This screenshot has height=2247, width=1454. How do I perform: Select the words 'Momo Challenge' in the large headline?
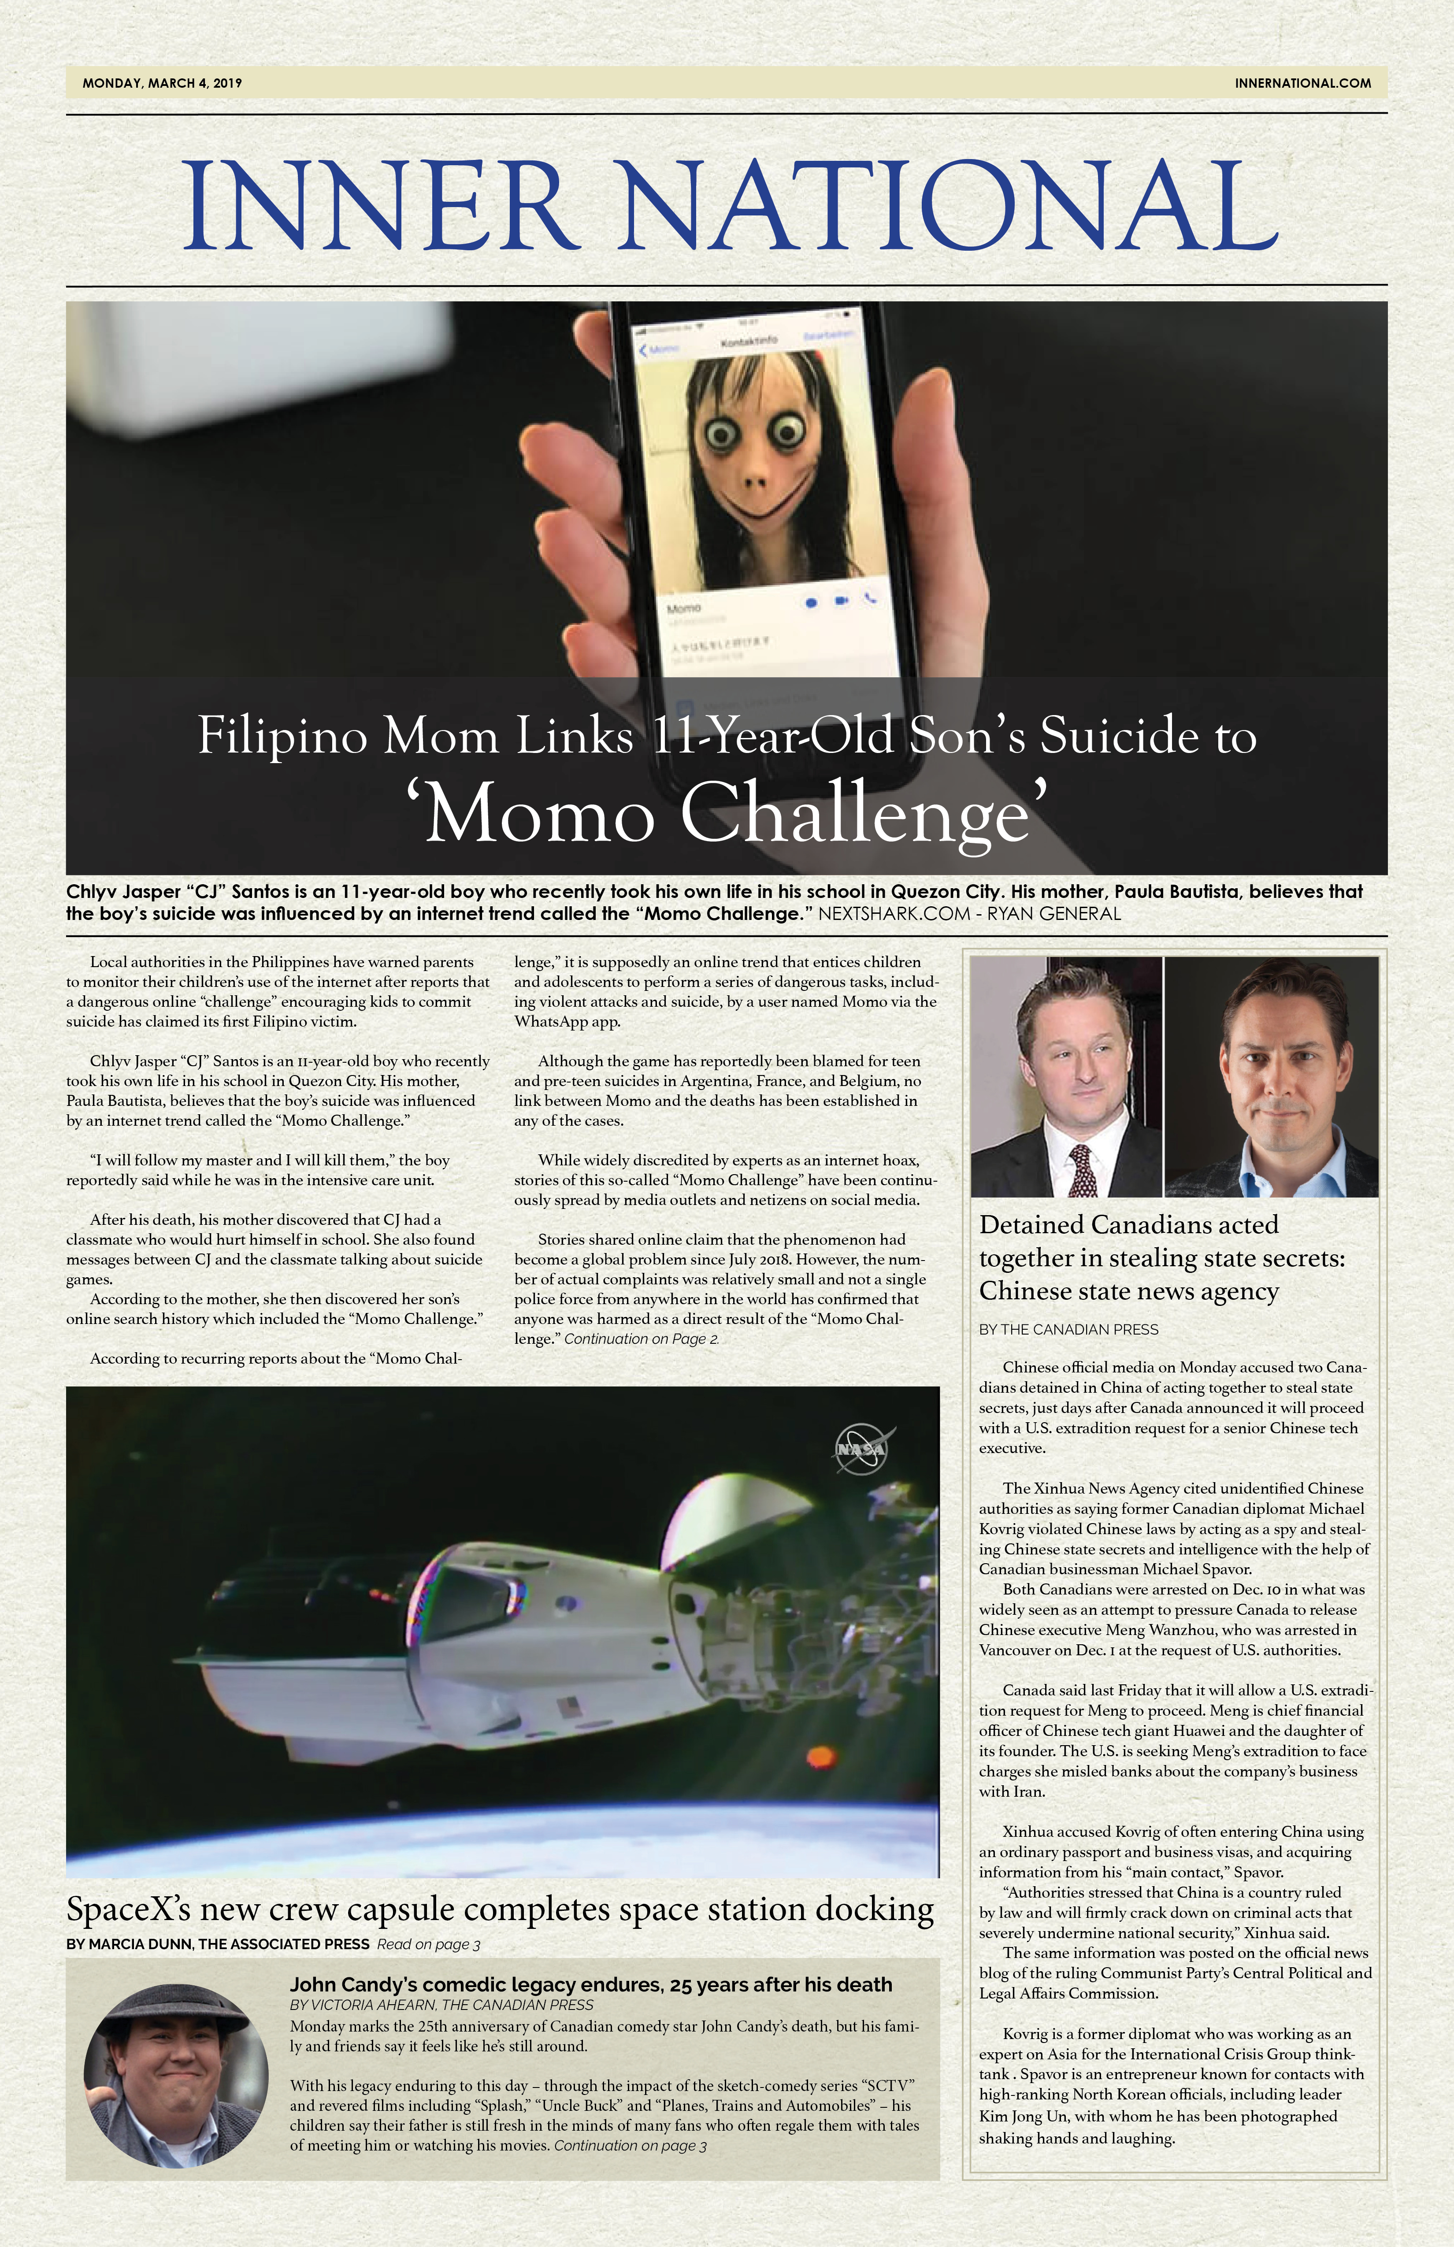click(x=727, y=814)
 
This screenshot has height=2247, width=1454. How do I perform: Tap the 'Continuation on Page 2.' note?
click(x=641, y=1339)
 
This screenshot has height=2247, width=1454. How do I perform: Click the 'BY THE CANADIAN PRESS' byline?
click(x=1068, y=1329)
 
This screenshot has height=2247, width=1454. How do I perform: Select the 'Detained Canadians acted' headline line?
click(x=1128, y=1225)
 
